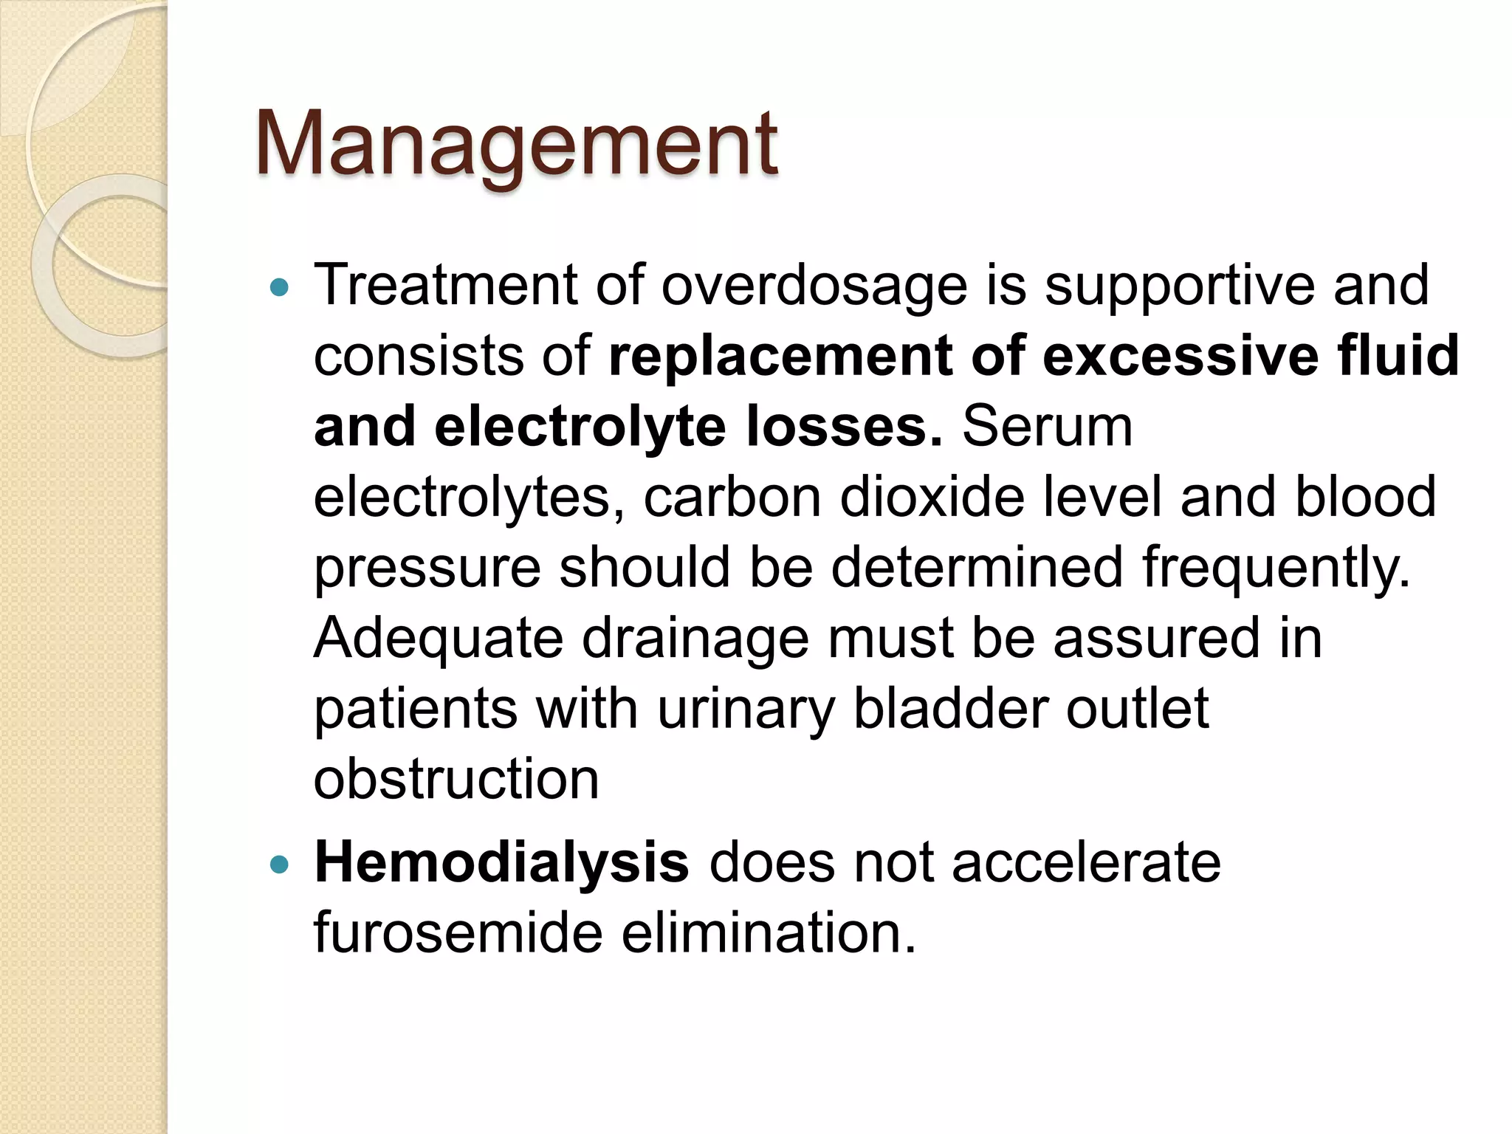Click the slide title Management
516,144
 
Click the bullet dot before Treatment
279,287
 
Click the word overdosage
814,286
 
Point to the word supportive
1180,286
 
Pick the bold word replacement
781,357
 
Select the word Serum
1047,427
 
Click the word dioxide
932,497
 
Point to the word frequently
1276,568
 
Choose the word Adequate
439,639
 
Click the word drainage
695,639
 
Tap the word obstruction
456,780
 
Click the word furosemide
458,933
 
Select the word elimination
768,933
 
